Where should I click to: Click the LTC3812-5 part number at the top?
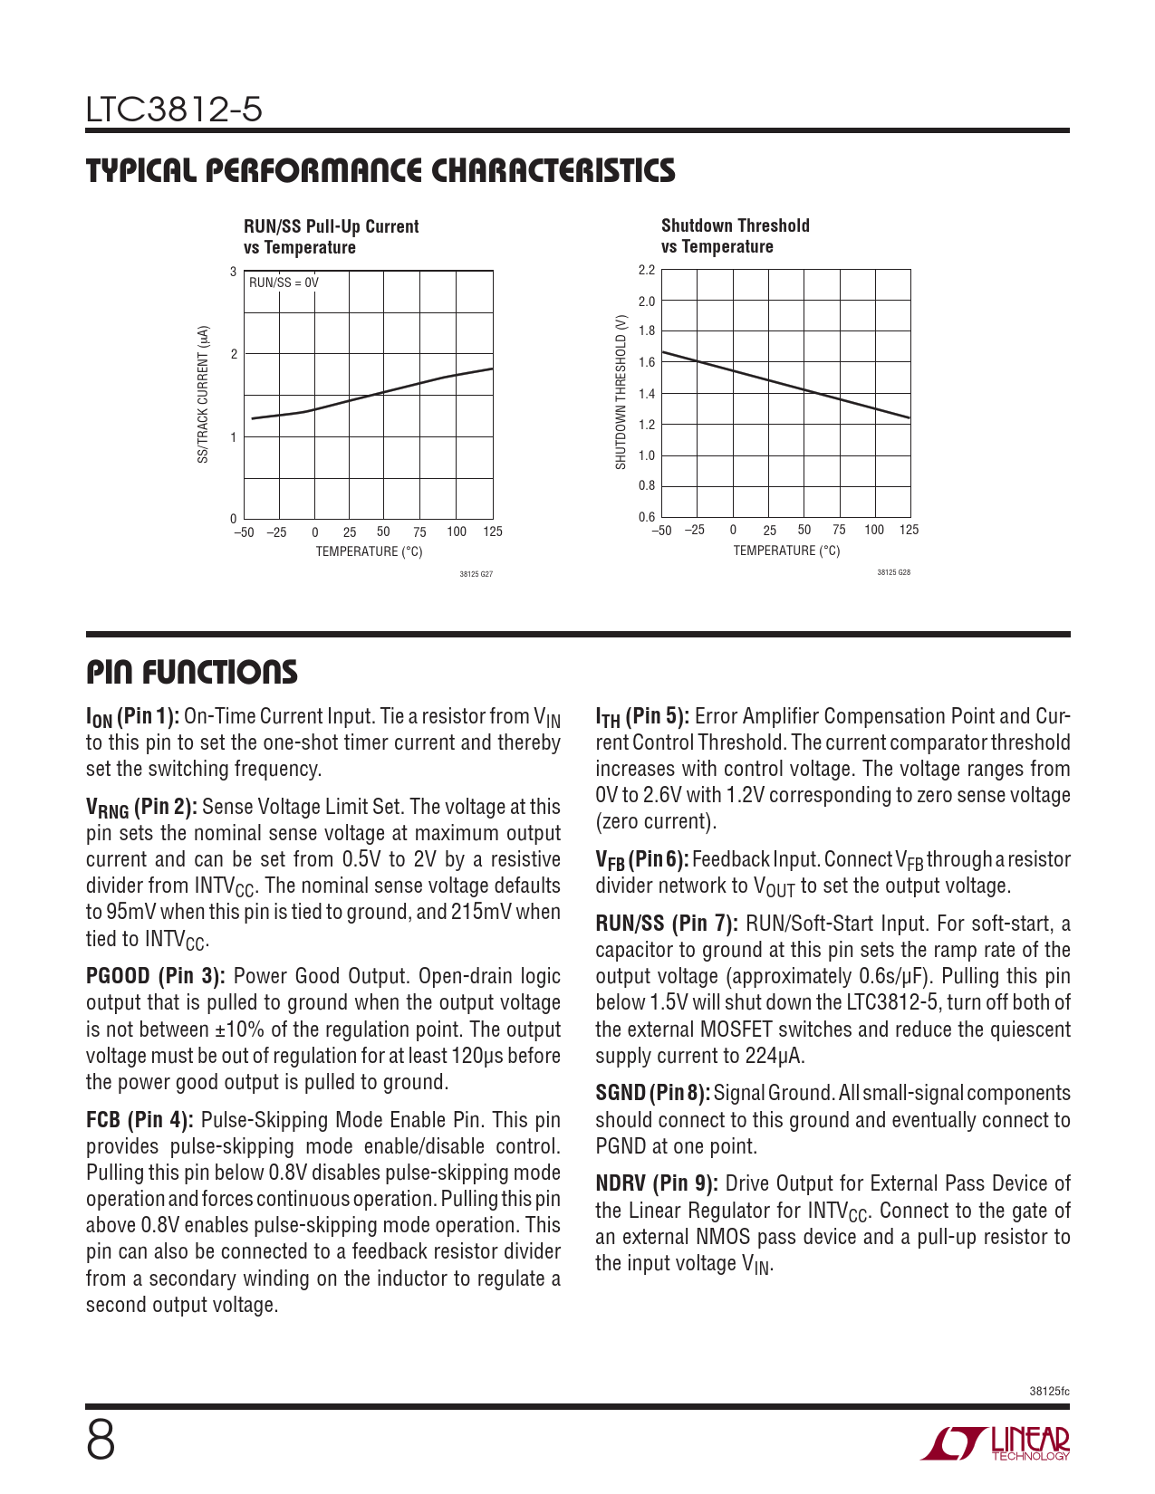[174, 110]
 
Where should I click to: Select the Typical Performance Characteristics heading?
[380, 170]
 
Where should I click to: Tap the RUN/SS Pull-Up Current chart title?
[331, 236]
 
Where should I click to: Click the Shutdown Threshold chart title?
[735, 235]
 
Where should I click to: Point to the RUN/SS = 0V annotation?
[284, 283]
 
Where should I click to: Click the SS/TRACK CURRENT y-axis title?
[203, 395]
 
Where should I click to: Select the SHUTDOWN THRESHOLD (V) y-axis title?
[621, 392]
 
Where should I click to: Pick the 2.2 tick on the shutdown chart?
[646, 270]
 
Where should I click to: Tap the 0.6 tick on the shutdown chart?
[646, 517]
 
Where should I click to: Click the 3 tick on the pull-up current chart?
[234, 272]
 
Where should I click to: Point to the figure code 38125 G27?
[476, 574]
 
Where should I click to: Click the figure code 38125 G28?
[893, 572]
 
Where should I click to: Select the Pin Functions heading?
[191, 672]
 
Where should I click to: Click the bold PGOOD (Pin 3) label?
[155, 976]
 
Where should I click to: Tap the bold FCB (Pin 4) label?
[140, 1120]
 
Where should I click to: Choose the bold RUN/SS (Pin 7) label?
[666, 924]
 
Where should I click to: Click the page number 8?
[101, 1441]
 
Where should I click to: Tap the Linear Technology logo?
[996, 1443]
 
